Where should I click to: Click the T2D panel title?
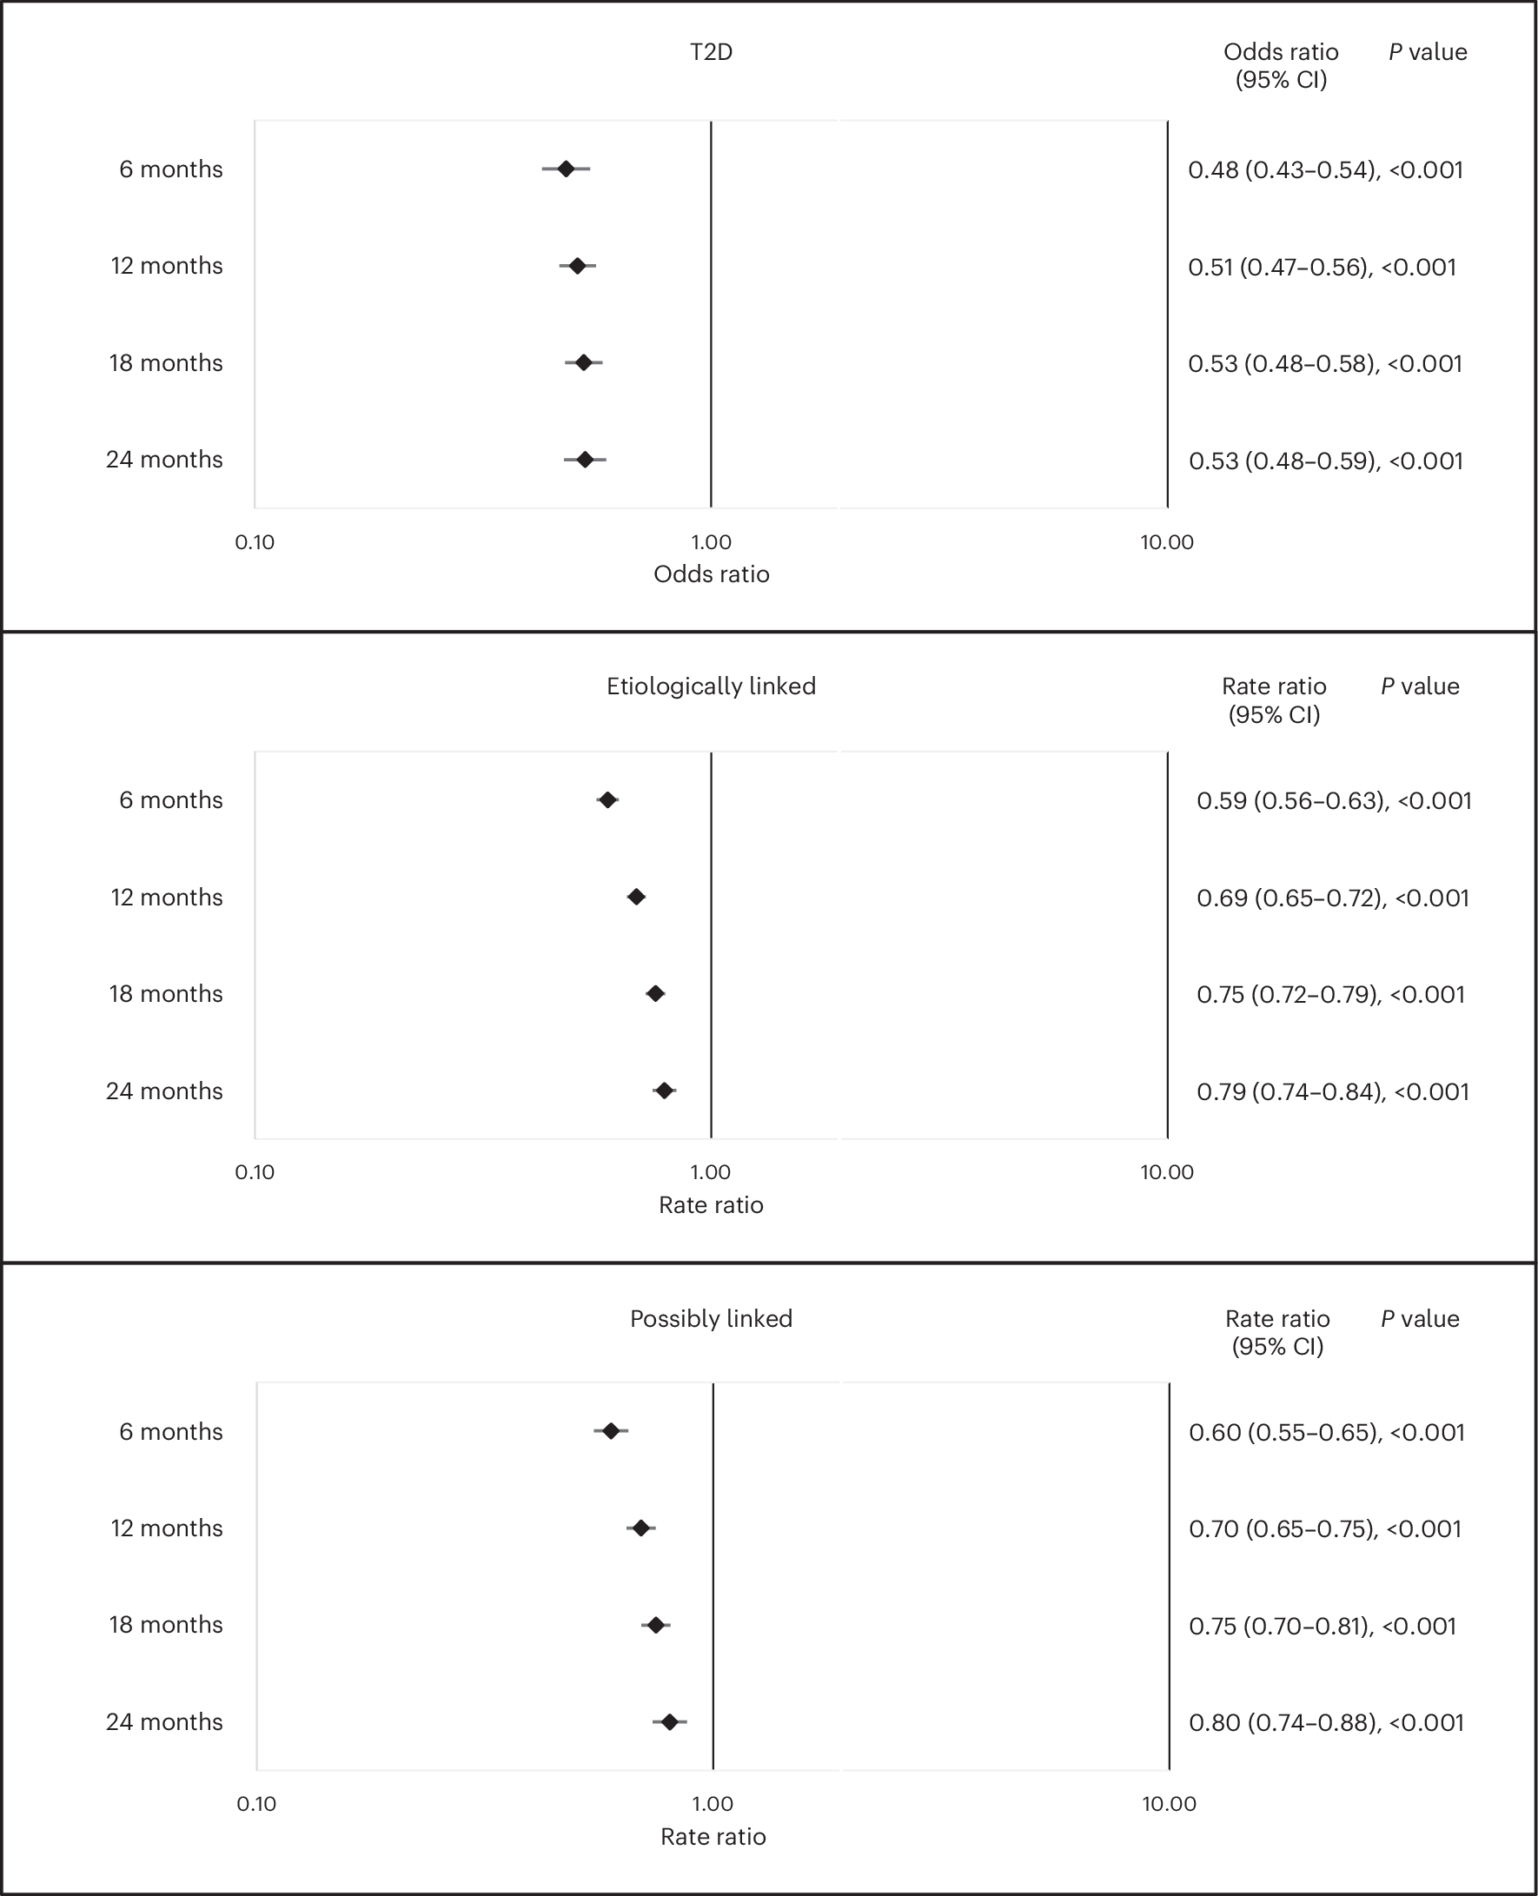(711, 52)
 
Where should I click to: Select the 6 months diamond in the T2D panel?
(565, 169)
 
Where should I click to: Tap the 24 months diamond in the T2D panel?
(585, 459)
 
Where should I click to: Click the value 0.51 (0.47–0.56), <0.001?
(1322, 267)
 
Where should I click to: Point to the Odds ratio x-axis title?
(711, 574)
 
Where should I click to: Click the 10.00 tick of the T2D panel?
(1167, 542)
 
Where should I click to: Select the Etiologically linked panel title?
(711, 686)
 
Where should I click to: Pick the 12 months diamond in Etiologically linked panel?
(636, 897)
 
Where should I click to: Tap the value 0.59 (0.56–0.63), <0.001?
(1333, 800)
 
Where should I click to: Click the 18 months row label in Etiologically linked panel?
(166, 993)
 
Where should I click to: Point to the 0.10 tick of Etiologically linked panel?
(255, 1172)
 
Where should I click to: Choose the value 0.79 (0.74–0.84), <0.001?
(1332, 1091)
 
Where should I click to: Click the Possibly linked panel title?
(711, 1318)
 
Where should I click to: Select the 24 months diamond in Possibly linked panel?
(670, 1721)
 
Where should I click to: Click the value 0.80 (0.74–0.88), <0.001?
(1326, 1722)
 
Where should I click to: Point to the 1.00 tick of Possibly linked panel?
(713, 1804)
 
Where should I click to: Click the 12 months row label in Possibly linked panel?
(167, 1528)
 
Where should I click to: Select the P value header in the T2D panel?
(1428, 52)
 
